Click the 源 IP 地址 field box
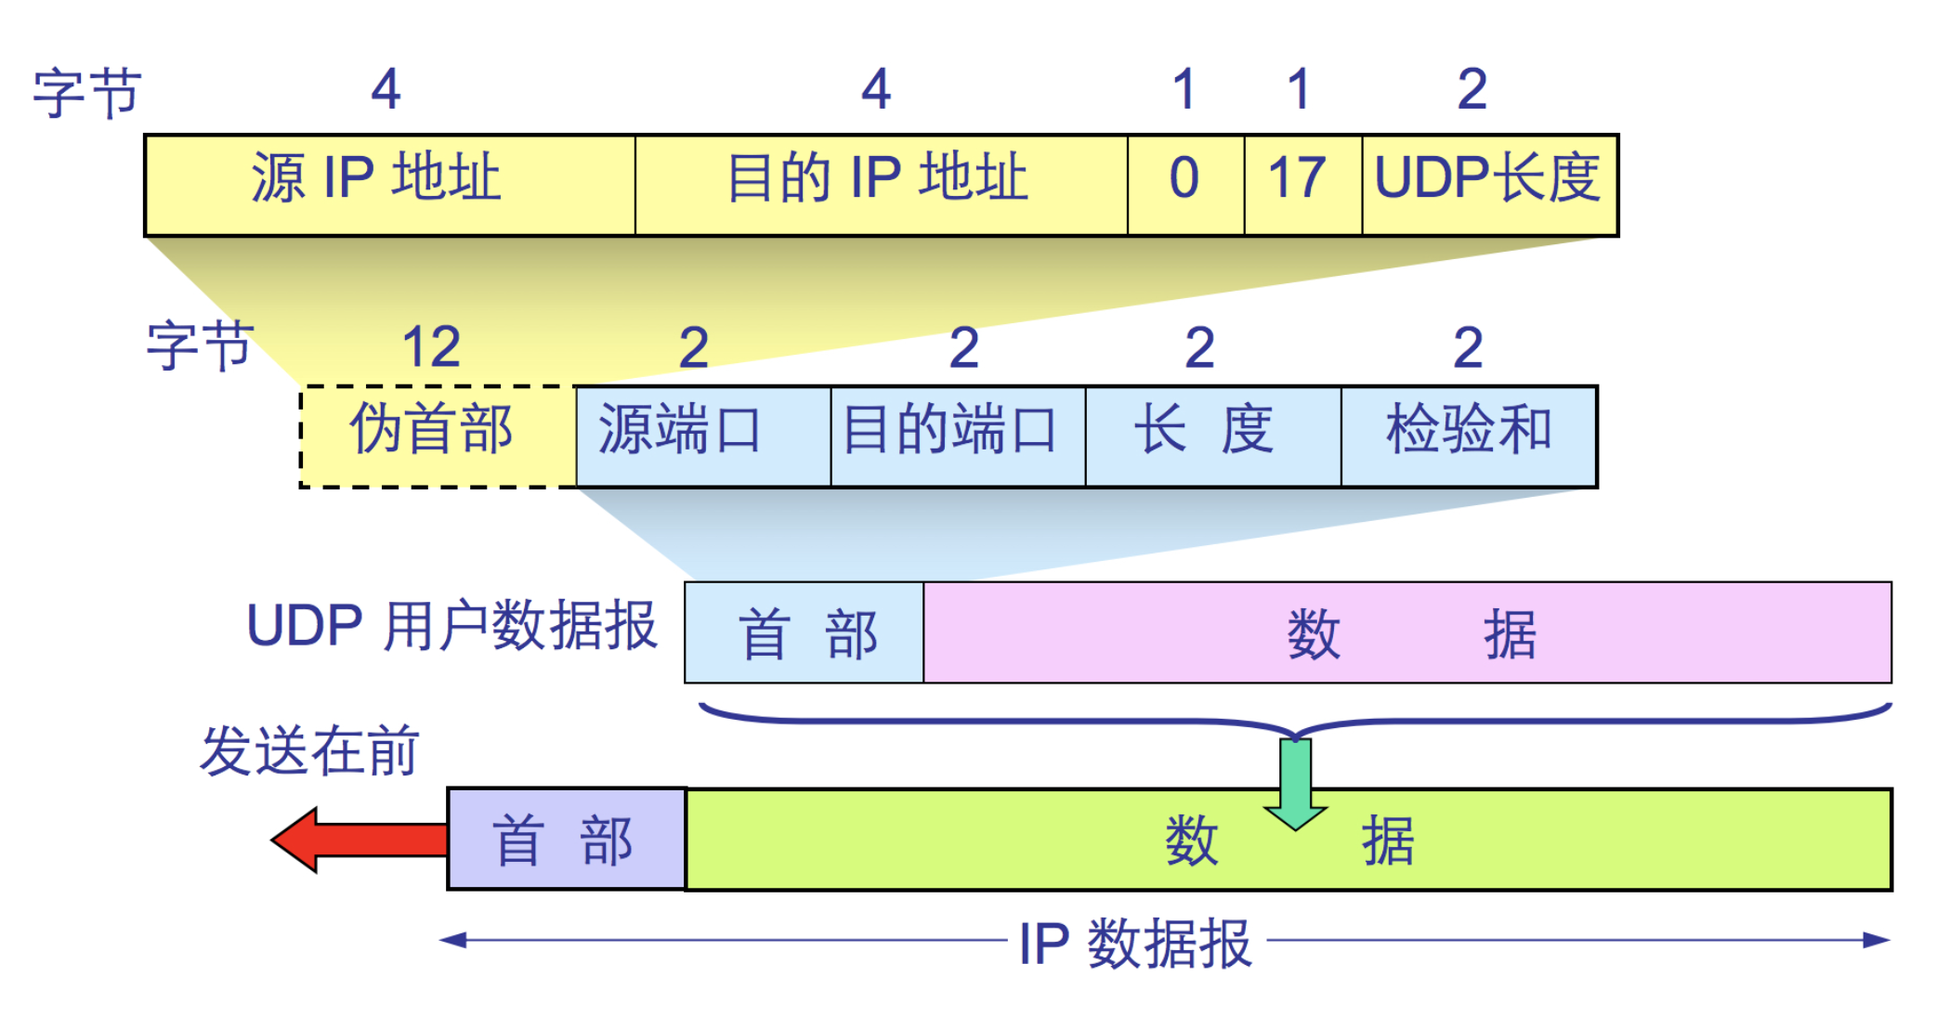coord(390,185)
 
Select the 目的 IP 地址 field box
coord(881,185)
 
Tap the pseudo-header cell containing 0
coord(1185,185)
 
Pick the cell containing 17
coord(1302,185)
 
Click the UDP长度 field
coord(1489,185)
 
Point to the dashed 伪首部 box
coord(437,436)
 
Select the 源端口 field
coord(702,436)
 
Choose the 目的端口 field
coord(958,436)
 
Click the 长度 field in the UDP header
coord(1212,436)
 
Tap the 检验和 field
coord(1469,436)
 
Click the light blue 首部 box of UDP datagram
coord(804,632)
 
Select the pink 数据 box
coord(1406,632)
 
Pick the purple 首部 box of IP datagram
coord(566,840)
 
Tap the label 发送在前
coord(309,750)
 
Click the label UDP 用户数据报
coord(451,625)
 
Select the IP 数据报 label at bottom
coord(1135,944)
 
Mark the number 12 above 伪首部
coord(431,347)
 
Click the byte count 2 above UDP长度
coord(1472,90)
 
